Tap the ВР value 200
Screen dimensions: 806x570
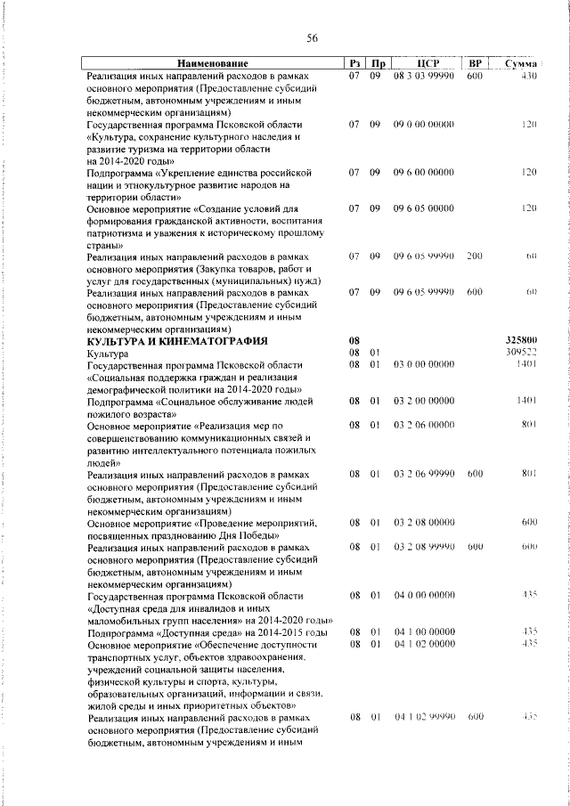point(474,256)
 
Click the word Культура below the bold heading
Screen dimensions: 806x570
point(108,354)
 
